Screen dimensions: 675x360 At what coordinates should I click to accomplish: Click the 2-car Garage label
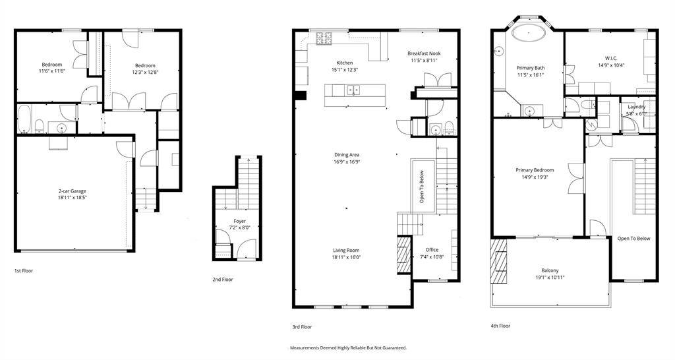pos(73,191)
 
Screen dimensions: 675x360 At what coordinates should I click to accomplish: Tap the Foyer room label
pos(240,222)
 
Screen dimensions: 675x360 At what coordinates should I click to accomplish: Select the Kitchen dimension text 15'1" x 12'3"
pos(345,69)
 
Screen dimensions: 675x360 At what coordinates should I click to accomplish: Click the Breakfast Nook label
pos(424,54)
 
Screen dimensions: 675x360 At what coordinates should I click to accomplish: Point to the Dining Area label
pos(347,155)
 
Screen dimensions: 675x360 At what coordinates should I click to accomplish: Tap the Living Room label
pos(346,250)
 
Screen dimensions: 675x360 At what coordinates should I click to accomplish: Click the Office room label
pos(432,250)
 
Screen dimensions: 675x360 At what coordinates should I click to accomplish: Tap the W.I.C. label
pos(611,59)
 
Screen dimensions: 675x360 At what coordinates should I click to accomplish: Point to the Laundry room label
pos(637,107)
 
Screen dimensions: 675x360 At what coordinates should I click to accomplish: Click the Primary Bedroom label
pos(535,170)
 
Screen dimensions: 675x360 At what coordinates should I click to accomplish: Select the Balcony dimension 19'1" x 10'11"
pos(550,278)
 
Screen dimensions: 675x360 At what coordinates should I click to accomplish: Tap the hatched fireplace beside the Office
pos(404,255)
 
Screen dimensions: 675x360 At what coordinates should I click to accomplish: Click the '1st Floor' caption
pos(24,271)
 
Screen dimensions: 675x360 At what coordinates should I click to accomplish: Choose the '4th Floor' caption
pos(500,326)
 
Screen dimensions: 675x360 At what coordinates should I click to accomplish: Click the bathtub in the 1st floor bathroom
pos(24,119)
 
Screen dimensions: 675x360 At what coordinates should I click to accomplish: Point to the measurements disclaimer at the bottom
pos(348,348)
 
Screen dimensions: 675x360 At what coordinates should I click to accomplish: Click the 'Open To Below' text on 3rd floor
pos(421,186)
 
